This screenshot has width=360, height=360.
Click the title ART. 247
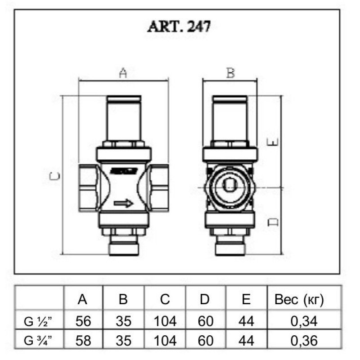pos(179,27)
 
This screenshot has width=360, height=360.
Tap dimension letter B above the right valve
pos(230,73)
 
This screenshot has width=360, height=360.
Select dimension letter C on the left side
pos(54,176)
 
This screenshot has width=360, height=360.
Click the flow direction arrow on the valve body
pos(123,204)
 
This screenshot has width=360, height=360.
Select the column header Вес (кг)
pos(299,300)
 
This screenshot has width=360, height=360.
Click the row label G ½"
pos(40,321)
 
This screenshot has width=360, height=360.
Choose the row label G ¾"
pos(40,341)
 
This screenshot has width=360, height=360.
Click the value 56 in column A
pos(83,321)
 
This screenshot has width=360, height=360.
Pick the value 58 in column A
pos(83,341)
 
